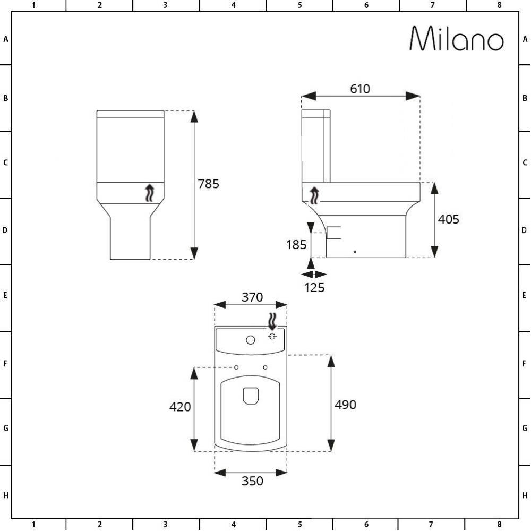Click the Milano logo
tap(457, 39)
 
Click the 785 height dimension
tap(208, 184)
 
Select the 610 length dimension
tap(360, 89)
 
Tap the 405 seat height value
tap(448, 219)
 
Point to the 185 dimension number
tap(296, 244)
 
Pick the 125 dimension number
tap(314, 287)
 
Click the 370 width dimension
tap(252, 297)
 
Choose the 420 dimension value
tap(180, 407)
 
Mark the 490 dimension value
tap(346, 405)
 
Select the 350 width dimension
tap(252, 481)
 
